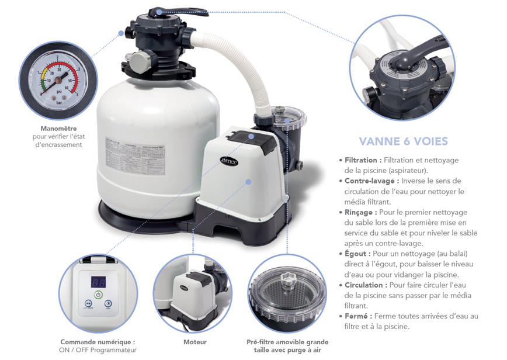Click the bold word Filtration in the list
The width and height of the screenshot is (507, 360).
363,160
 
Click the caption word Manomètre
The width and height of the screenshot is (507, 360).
59,129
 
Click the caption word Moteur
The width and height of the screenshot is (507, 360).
195,342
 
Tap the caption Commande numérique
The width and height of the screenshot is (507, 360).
98,342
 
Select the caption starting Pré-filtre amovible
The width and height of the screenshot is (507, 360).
287,342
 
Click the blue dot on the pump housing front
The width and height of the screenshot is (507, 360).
248,182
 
